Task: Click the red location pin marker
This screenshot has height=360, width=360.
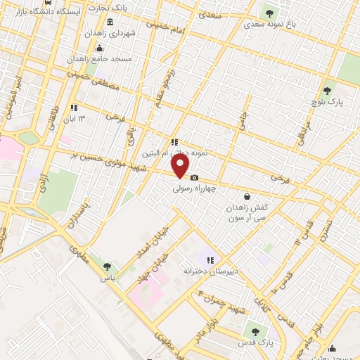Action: [181, 167]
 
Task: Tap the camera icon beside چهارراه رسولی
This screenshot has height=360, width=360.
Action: [195, 177]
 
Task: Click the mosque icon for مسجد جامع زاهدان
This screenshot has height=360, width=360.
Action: [99, 48]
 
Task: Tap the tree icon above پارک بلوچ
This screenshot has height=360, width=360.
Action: [327, 91]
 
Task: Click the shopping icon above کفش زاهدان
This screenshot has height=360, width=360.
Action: [247, 197]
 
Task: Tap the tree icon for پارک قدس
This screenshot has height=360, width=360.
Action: [255, 330]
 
